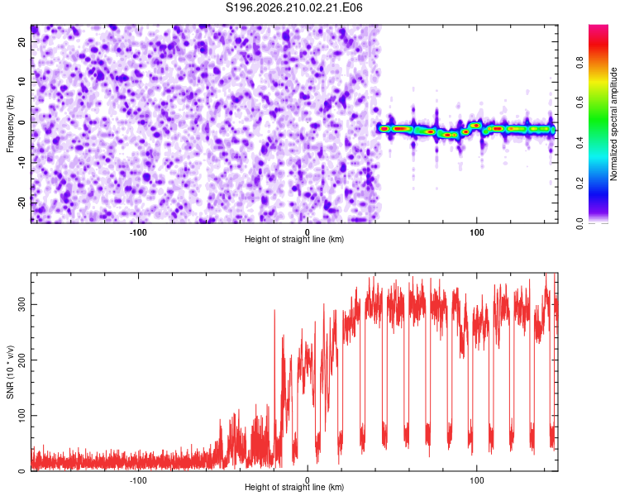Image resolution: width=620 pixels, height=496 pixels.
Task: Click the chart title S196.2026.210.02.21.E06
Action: (x=293, y=7)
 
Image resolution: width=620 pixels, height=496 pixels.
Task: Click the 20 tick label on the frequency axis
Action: (x=21, y=41)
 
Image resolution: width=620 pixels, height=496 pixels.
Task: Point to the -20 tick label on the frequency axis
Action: (x=21, y=203)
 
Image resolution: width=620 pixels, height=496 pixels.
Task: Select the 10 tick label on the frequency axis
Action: (x=21, y=82)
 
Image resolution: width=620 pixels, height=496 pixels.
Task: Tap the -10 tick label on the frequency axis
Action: (x=21, y=163)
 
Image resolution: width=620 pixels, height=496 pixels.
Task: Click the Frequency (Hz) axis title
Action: (x=10, y=124)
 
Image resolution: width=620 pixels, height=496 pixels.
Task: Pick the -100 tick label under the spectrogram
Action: (x=138, y=232)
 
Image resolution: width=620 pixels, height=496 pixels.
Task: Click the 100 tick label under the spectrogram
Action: (x=477, y=232)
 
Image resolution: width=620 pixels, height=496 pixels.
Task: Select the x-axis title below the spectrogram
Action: (x=294, y=239)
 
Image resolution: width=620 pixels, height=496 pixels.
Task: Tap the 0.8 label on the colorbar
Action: (x=579, y=63)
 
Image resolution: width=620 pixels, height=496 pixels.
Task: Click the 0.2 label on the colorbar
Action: (x=579, y=184)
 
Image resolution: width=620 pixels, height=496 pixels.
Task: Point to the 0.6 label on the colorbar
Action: (x=579, y=103)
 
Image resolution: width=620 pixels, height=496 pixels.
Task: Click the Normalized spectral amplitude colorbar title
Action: (x=613, y=124)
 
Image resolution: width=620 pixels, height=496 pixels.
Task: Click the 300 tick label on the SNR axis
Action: (x=21, y=304)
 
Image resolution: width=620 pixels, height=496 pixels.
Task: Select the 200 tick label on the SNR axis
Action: (x=21, y=360)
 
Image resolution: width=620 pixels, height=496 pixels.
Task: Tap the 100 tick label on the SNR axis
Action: (x=21, y=415)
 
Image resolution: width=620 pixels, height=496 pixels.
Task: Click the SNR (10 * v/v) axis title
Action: (x=10, y=372)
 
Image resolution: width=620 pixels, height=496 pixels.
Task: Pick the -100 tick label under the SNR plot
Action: (x=138, y=480)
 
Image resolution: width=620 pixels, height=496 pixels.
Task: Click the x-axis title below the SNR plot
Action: (x=294, y=487)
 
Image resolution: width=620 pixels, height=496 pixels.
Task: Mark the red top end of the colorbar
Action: (x=599, y=26)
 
